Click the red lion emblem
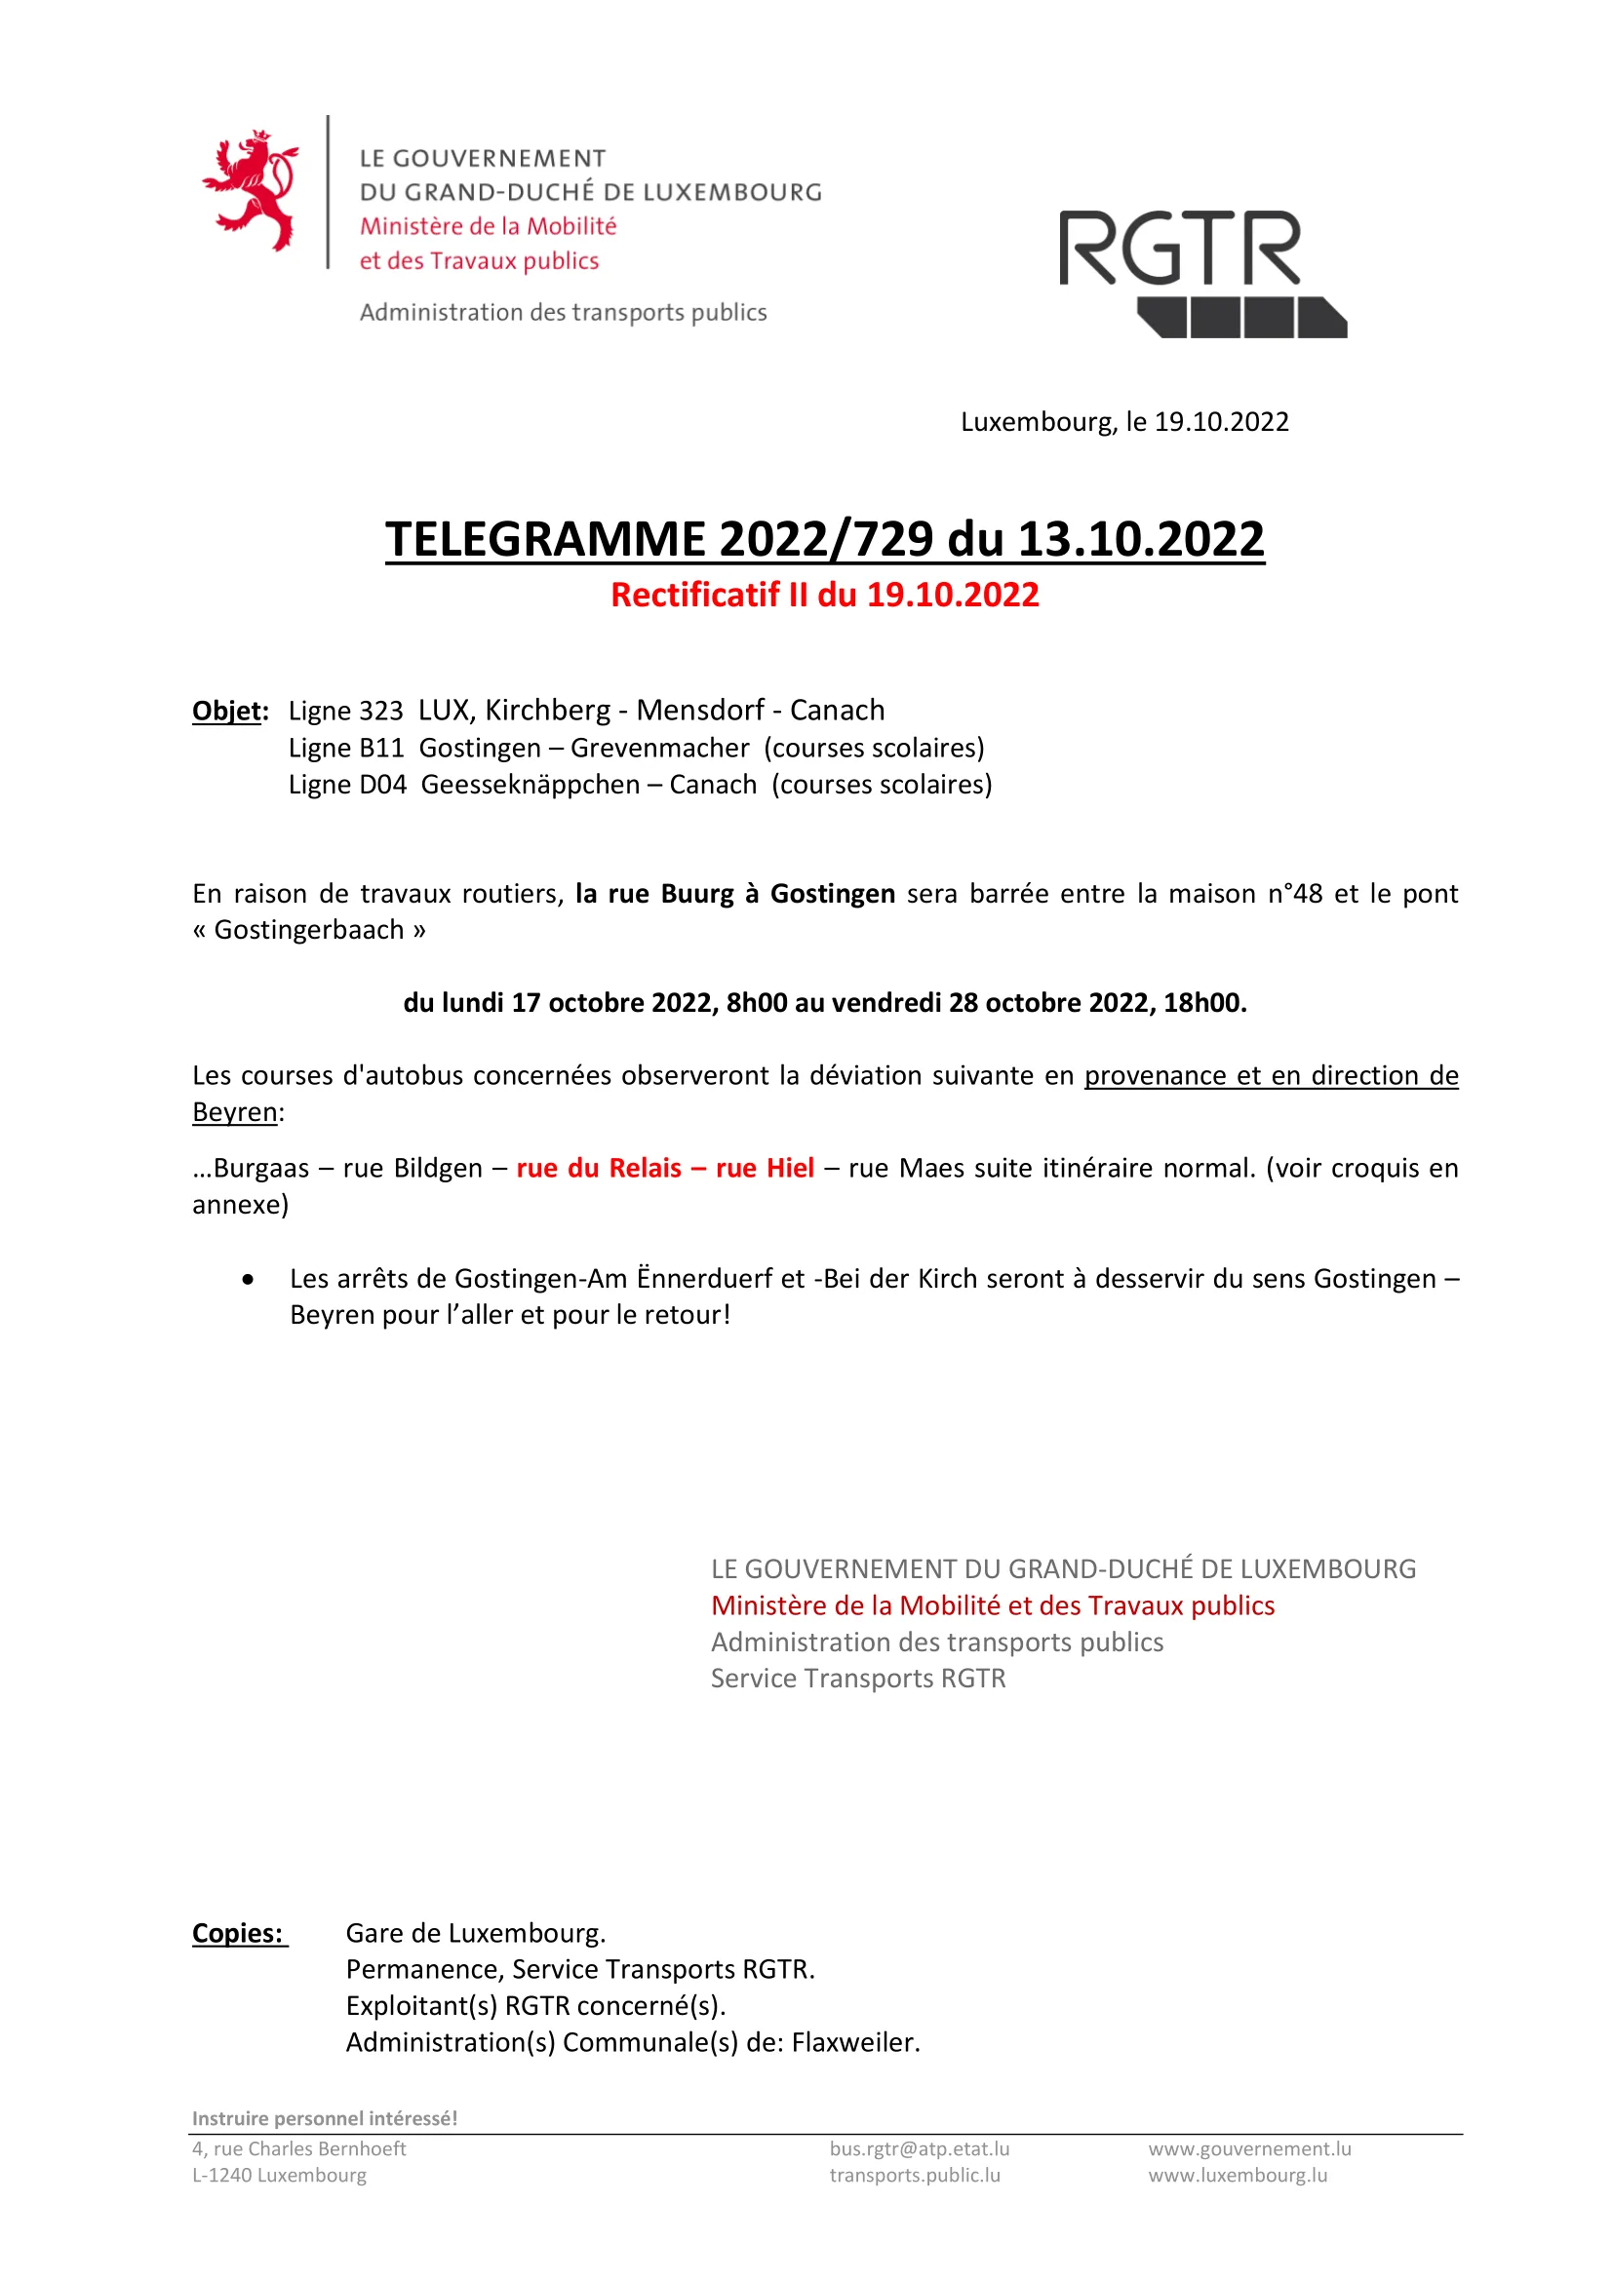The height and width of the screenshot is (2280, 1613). click(x=252, y=189)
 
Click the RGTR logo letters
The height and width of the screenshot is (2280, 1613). click(x=1179, y=249)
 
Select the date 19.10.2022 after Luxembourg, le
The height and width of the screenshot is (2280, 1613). click(x=1221, y=422)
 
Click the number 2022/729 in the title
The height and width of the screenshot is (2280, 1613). click(x=826, y=539)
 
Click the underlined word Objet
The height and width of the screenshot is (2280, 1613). click(x=227, y=711)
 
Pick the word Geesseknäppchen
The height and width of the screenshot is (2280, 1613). click(x=531, y=785)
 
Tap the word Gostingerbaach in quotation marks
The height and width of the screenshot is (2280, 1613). click(x=309, y=930)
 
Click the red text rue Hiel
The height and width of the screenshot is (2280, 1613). click(x=765, y=1168)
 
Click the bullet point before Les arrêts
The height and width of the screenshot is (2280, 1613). click(x=248, y=1280)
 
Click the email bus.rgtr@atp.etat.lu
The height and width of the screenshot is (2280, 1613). click(x=919, y=2149)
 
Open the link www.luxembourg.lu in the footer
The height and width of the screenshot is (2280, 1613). click(x=1238, y=2176)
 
